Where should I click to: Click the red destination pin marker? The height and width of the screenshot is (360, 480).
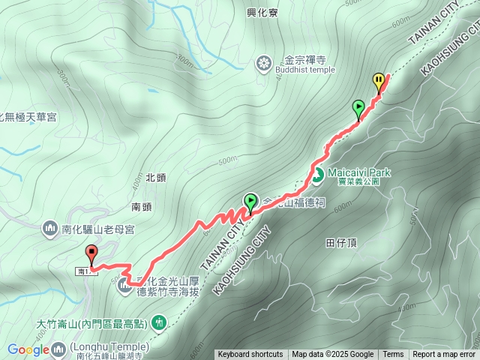click(x=91, y=253)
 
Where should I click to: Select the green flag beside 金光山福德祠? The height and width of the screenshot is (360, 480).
click(x=250, y=202)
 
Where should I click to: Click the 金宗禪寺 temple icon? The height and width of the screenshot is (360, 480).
click(x=263, y=63)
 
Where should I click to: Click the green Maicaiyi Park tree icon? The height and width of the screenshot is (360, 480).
click(x=317, y=176)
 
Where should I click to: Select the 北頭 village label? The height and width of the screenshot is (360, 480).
click(x=155, y=178)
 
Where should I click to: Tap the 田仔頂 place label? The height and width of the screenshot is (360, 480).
click(x=340, y=243)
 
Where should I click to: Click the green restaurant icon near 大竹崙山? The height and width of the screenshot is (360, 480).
click(x=158, y=323)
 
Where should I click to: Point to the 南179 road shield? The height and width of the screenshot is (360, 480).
click(x=84, y=271)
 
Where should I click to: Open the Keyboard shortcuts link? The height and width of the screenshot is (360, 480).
click(x=250, y=355)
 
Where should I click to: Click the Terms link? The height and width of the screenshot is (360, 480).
click(x=393, y=355)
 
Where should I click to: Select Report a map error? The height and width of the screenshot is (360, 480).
click(x=444, y=355)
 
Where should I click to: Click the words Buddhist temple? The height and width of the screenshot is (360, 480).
click(x=301, y=70)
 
